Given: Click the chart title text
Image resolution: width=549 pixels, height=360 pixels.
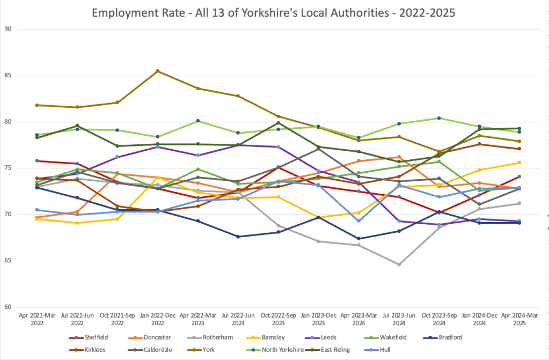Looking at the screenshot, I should [274, 12].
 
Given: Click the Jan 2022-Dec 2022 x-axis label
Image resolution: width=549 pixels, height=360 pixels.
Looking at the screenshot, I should [157, 320].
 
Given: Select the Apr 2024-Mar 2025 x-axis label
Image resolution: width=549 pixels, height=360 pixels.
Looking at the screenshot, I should [519, 320].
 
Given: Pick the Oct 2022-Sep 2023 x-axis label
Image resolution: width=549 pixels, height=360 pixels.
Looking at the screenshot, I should [278, 320].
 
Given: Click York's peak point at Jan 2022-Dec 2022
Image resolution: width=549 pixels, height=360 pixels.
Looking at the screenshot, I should [157, 71].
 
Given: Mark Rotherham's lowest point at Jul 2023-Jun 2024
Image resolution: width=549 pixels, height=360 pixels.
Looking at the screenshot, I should [399, 265].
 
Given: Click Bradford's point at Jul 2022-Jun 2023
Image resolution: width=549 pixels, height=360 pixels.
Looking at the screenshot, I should [238, 237].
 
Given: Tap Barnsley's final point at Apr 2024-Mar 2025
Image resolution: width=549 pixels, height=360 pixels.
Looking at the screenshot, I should [519, 163].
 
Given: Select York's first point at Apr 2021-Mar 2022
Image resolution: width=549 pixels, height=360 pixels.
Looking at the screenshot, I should [36, 105].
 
